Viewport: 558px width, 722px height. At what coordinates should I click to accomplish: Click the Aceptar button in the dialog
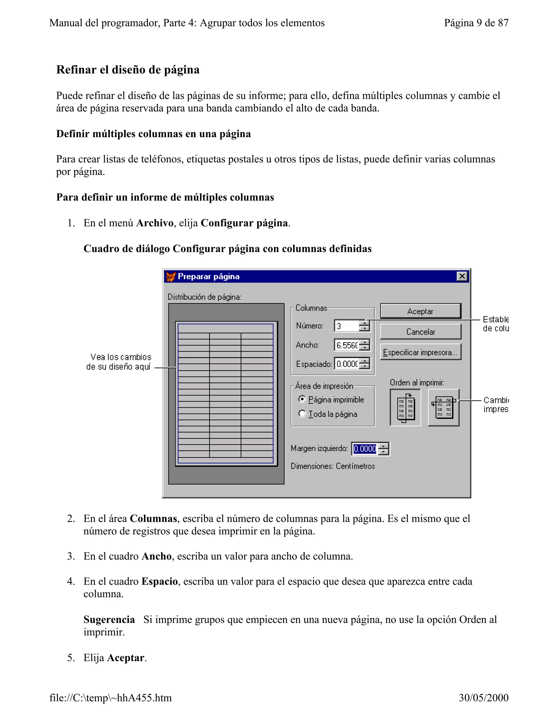click(420, 311)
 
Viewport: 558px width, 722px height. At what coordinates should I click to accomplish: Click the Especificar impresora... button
click(420, 352)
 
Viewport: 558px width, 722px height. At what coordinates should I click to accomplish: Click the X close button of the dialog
click(462, 276)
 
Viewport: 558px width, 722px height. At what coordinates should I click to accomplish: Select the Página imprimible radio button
click(302, 399)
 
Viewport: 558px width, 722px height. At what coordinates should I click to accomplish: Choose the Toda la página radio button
click(302, 414)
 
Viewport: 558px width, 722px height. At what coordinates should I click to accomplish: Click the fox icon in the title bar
click(171, 276)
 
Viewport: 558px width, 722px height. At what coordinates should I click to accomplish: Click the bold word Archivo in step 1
click(154, 223)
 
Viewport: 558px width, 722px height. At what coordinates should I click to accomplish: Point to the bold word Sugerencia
click(109, 620)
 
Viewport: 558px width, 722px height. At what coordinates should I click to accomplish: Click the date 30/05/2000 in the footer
click(483, 697)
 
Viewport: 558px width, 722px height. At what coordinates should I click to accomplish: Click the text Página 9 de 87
click(476, 23)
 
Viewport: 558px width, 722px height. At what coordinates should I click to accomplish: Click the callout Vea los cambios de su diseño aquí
click(119, 362)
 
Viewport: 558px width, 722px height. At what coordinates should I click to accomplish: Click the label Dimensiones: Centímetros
click(333, 466)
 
